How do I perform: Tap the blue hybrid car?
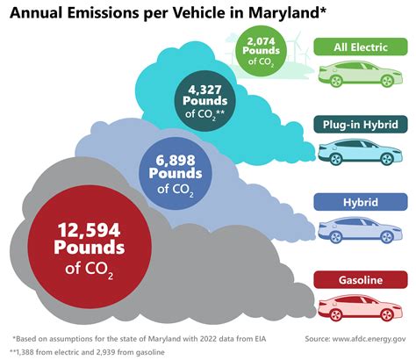(358, 231)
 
